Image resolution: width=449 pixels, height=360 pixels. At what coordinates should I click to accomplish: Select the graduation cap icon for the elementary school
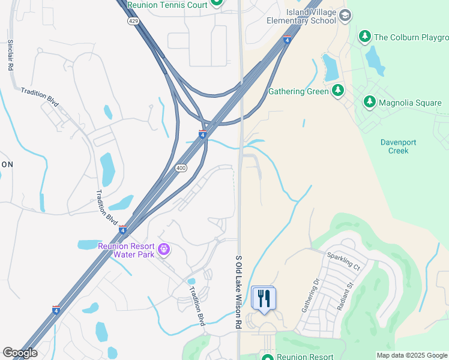(345, 16)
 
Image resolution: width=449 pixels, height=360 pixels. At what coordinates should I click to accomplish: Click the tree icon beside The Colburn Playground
(364, 37)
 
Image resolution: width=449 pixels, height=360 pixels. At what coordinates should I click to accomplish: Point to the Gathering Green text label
(298, 91)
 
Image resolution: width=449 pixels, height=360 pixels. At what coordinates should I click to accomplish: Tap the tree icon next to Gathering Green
(338, 91)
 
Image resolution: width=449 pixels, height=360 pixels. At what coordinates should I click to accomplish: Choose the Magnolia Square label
(410, 103)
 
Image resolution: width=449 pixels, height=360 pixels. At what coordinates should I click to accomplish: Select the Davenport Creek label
(398, 146)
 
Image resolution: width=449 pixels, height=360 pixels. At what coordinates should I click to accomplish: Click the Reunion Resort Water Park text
(126, 250)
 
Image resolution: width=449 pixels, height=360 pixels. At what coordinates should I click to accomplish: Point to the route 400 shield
(181, 169)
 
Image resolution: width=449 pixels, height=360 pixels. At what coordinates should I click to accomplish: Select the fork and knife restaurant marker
(264, 298)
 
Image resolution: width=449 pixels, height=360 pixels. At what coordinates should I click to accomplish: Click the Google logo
(20, 353)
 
